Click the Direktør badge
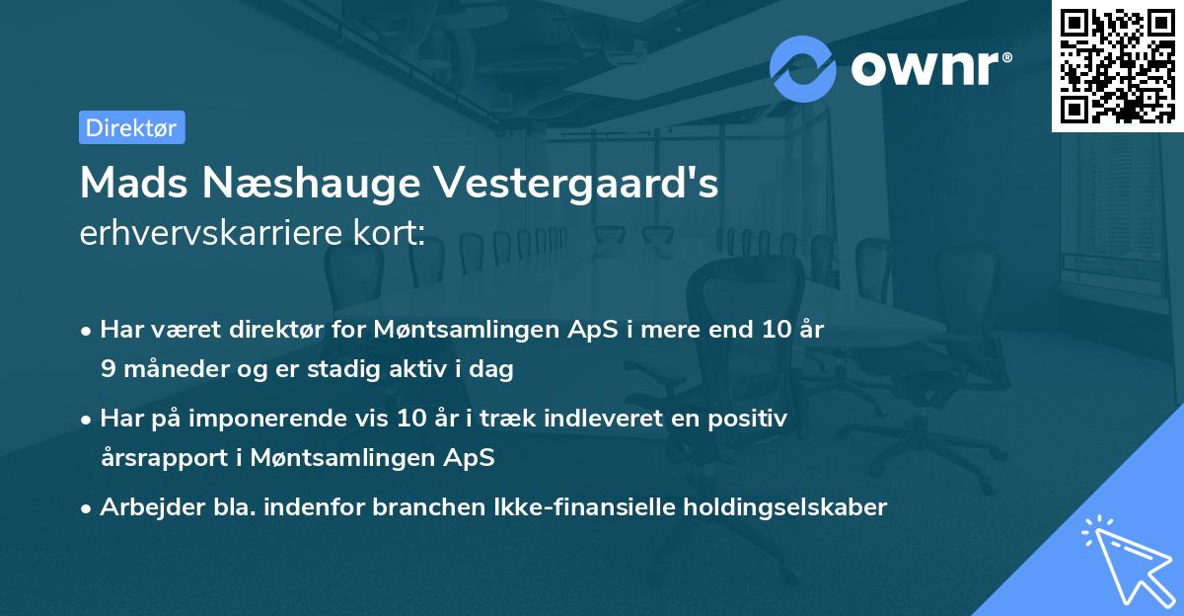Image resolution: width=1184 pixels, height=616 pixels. point(131,127)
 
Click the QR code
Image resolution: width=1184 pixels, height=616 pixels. point(1117,65)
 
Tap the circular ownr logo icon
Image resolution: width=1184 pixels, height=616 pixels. point(802,67)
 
